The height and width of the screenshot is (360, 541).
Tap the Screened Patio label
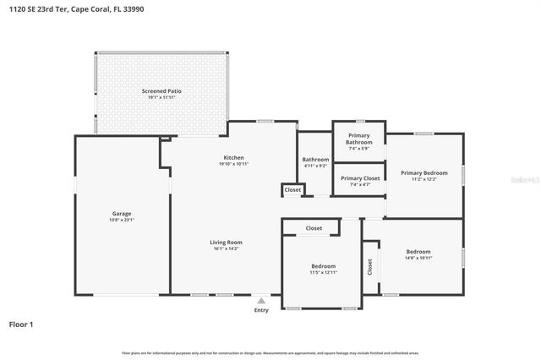(x=161, y=90)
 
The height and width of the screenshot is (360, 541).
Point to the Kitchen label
(x=233, y=158)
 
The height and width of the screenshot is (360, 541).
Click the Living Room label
(x=226, y=243)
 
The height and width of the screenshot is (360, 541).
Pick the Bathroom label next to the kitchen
(x=315, y=160)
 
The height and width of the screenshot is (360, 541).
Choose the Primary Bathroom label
(x=358, y=139)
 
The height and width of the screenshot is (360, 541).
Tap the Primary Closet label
(x=358, y=178)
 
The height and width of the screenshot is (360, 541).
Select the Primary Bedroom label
(x=424, y=172)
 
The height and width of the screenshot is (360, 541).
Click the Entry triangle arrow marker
(x=262, y=300)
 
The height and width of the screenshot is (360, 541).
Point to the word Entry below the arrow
(x=262, y=310)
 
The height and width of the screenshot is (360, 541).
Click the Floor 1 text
(x=21, y=324)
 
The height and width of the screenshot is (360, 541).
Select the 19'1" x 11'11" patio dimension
(x=161, y=97)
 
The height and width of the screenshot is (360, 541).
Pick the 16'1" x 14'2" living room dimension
(x=226, y=248)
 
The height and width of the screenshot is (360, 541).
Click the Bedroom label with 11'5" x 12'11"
(x=323, y=266)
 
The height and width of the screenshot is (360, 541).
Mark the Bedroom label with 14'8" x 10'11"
(x=418, y=252)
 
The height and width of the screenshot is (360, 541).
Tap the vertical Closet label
(x=369, y=266)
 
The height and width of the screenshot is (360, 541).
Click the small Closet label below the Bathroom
(x=292, y=190)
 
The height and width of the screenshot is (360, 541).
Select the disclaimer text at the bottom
(x=270, y=352)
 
